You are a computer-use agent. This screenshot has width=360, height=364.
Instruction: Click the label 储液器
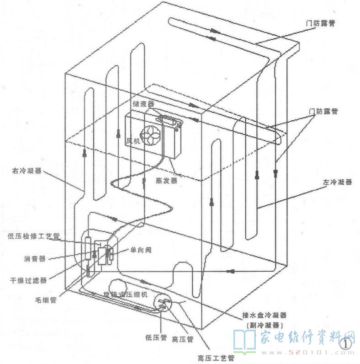point(143,104)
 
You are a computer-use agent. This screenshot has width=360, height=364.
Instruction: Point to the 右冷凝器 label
point(26,171)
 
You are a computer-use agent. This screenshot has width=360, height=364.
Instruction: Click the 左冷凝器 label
point(337,182)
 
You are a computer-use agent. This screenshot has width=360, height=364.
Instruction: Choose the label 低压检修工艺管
point(34,236)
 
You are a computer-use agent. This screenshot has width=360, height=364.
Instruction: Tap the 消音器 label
point(35,258)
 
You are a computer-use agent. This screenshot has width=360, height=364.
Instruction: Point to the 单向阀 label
point(134,251)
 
